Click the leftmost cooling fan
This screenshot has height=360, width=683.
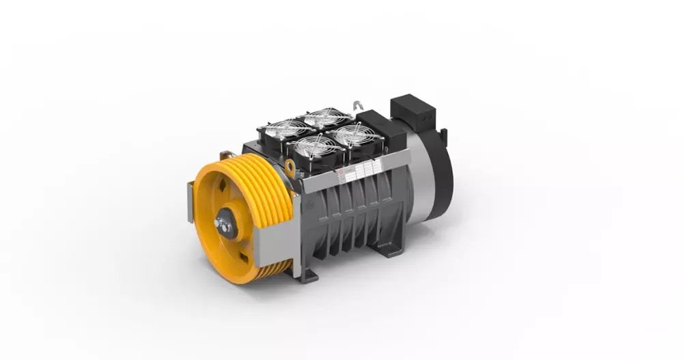coord(281,129)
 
